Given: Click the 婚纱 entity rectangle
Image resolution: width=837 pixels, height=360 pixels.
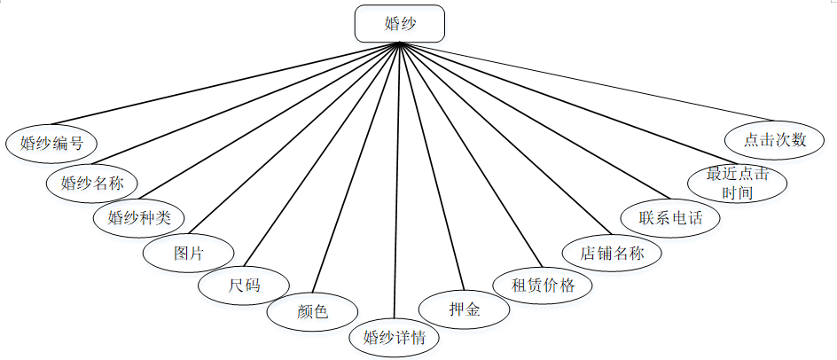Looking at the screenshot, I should pos(400,24).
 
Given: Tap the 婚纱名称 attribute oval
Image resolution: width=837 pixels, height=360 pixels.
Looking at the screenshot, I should pos(92,184).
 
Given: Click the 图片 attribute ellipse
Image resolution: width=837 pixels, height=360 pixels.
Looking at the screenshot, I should pos(189,253).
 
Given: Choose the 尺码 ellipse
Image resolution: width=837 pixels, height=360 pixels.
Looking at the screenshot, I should pos(244,286).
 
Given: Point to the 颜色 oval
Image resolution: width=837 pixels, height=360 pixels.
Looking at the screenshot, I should pos(311,312).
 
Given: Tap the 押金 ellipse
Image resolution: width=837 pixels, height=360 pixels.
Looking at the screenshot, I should pos(464,309).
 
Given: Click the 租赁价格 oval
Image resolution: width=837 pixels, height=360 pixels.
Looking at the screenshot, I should pos(544,286).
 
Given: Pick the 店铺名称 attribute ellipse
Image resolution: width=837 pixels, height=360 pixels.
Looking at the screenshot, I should pos(613,253).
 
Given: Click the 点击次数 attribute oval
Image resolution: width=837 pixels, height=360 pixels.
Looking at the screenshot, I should pos(775,140).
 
